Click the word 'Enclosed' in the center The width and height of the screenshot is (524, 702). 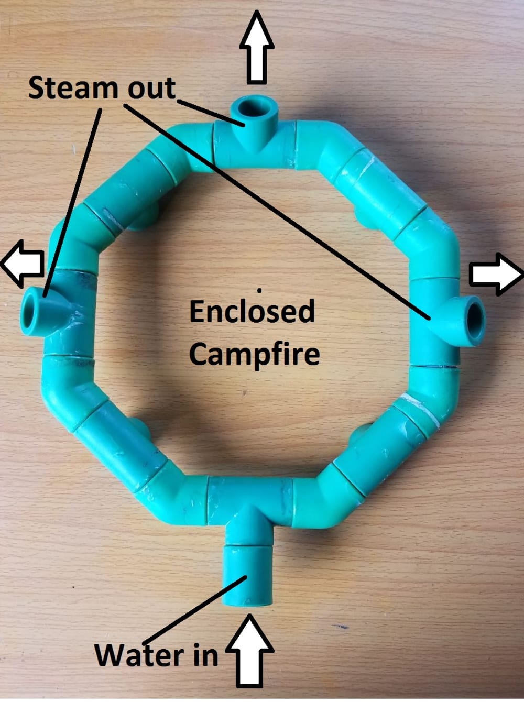[x=252, y=312]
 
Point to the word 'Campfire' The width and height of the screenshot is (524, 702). [x=254, y=355]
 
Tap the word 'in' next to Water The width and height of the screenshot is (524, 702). [x=205, y=655]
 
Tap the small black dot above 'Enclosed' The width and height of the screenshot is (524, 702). [x=259, y=290]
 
